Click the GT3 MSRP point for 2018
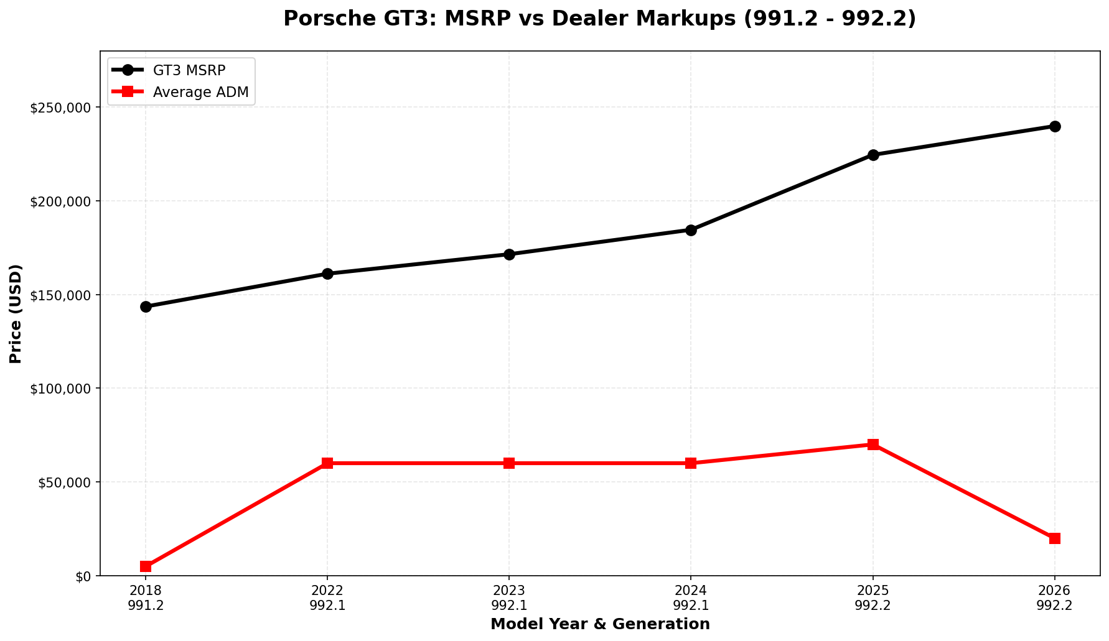(x=146, y=307)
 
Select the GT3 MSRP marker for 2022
(x=327, y=274)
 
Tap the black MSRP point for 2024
(x=691, y=230)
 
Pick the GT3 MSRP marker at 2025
(x=873, y=155)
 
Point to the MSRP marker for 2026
(x=1055, y=126)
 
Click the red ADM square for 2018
(x=146, y=566)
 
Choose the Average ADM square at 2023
(x=509, y=463)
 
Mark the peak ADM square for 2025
(x=873, y=445)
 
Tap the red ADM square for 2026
(x=1055, y=538)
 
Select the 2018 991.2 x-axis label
(x=146, y=598)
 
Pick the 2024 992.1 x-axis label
(x=691, y=598)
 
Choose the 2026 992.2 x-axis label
(x=1055, y=598)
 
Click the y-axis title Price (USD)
(x=16, y=313)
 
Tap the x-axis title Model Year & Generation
(x=600, y=624)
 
